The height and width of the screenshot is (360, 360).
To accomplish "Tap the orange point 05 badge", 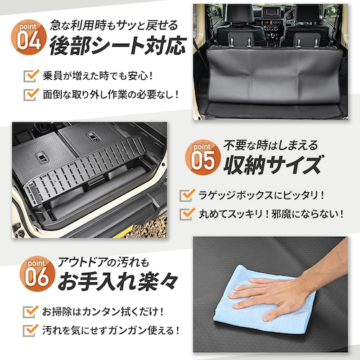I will (x=202, y=157).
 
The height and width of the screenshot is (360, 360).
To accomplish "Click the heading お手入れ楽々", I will (x=112, y=279).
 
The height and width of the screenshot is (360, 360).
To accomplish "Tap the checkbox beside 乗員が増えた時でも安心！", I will (x=30, y=75).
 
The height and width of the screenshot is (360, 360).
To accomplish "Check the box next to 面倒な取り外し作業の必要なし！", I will (x=30, y=94).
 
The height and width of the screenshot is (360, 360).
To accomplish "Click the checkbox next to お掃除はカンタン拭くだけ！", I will (x=30, y=311).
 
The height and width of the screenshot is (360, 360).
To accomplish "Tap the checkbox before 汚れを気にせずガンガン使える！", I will (x=30, y=330).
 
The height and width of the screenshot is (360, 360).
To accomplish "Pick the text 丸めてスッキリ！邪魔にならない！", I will (x=270, y=214).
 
